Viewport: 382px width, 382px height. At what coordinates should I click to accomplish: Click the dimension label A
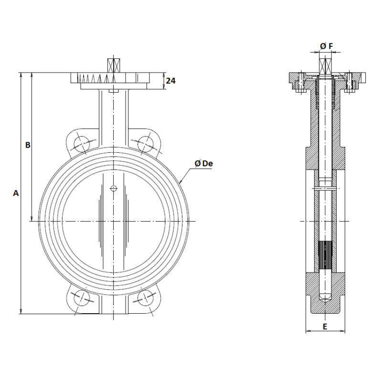[16, 193]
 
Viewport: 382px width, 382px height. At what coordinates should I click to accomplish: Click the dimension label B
[28, 145]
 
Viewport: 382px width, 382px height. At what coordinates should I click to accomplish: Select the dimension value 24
[170, 81]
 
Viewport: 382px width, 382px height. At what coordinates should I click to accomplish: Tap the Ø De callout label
[204, 163]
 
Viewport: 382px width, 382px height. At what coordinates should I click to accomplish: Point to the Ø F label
[327, 46]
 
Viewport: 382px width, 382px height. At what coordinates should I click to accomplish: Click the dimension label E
[325, 327]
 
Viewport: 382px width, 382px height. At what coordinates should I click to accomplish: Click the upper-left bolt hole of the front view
[81, 144]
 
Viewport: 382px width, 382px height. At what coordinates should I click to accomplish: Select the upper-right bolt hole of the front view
[146, 144]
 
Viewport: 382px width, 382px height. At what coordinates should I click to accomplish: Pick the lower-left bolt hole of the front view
[81, 297]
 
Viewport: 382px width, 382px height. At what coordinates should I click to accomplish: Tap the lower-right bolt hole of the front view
[146, 297]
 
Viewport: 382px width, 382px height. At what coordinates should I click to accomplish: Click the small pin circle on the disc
[114, 188]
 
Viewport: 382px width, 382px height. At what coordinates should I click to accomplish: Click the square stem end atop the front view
[114, 65]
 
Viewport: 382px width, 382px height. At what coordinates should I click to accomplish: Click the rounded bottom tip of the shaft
[325, 297]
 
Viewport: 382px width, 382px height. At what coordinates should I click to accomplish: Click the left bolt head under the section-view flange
[301, 91]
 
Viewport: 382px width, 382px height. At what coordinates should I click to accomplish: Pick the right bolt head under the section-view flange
[349, 91]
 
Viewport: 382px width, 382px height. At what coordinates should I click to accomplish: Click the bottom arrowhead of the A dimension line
[21, 311]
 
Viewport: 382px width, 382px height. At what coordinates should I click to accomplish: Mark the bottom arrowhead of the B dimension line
[32, 218]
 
